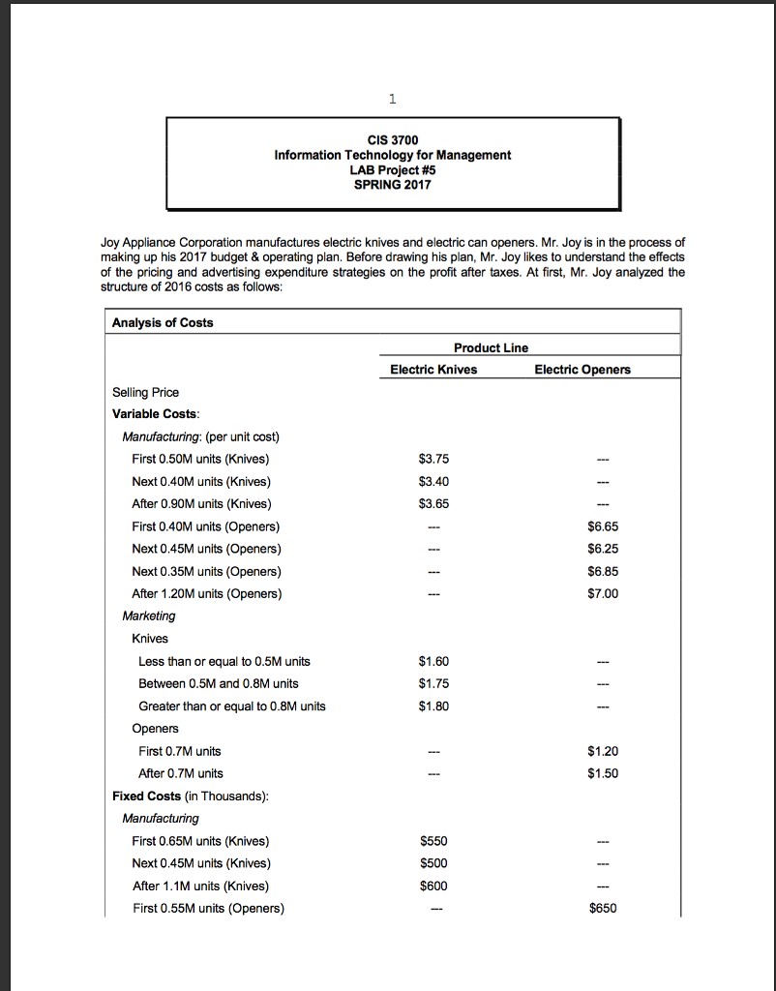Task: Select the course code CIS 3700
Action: pos(392,140)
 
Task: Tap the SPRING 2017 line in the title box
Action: pos(392,184)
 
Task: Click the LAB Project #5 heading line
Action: pos(392,169)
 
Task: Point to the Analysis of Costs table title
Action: pos(163,322)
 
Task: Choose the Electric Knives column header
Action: pos(433,369)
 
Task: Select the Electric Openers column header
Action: pos(582,369)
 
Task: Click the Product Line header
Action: pos(491,347)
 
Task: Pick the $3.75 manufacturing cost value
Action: pos(433,459)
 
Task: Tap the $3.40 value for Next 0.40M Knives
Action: pos(433,481)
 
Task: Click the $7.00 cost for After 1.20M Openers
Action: pos(602,593)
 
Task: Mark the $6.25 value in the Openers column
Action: pos(602,549)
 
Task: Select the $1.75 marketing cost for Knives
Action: pos(433,683)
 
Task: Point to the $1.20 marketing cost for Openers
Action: pos(602,751)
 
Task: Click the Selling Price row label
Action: pos(145,392)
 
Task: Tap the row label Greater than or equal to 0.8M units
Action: pos(232,706)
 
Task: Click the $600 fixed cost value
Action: pos(433,886)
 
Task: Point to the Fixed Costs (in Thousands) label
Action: pos(191,796)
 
